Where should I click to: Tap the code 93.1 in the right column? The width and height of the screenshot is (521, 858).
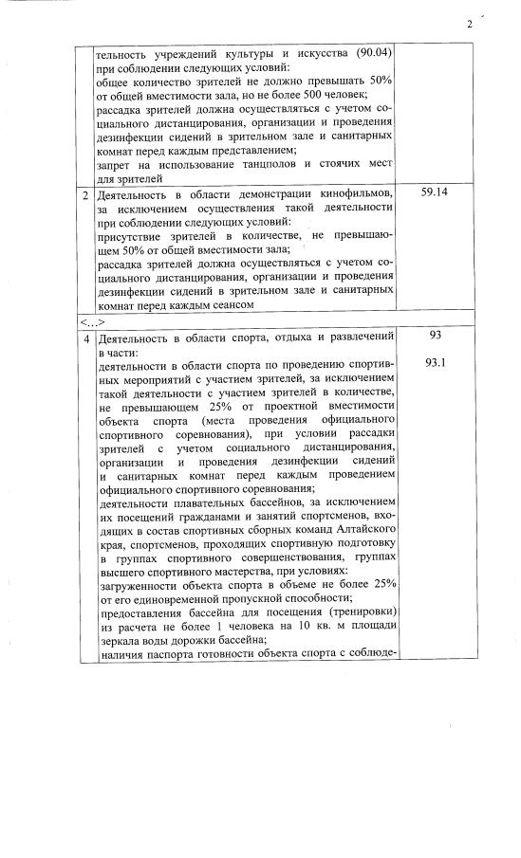(436, 363)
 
